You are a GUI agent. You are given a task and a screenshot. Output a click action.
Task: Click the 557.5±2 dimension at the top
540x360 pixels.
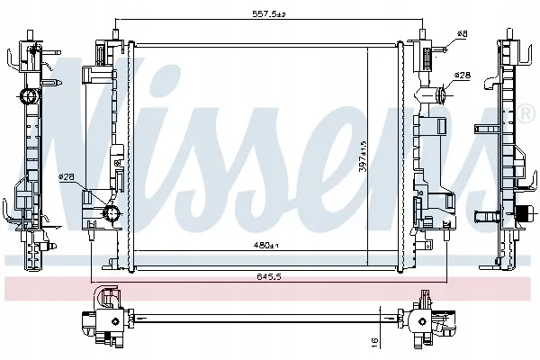(269, 14)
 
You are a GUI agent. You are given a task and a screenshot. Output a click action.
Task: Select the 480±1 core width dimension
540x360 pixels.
(265, 246)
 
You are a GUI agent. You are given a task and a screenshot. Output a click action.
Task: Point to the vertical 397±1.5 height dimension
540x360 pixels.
(363, 156)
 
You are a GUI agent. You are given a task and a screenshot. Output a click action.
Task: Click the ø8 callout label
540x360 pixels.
(463, 34)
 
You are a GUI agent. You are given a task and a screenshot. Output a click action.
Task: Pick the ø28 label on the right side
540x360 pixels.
(463, 75)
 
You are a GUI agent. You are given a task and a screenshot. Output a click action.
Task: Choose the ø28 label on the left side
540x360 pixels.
(67, 176)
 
